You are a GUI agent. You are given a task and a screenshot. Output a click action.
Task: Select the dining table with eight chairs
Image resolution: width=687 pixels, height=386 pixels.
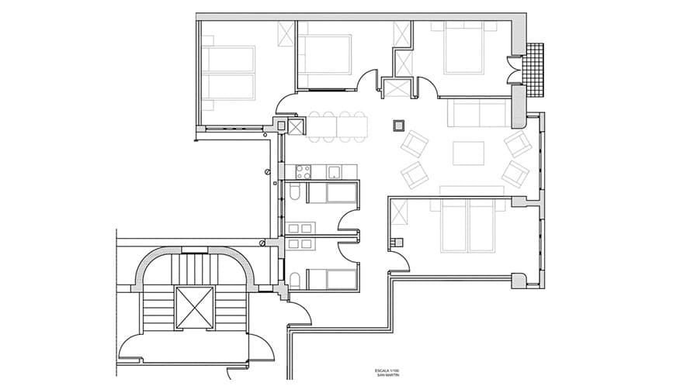coord(338,126)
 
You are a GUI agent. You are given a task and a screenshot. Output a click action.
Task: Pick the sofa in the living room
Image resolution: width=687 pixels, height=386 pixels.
coord(478,113)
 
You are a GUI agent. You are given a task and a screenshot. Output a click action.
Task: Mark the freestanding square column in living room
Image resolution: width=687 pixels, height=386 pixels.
coord(399,126)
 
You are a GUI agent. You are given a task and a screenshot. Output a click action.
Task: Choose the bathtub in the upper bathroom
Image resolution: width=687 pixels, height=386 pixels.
coord(333,193)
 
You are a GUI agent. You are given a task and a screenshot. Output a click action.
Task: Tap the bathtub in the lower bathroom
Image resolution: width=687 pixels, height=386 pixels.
coord(333,277)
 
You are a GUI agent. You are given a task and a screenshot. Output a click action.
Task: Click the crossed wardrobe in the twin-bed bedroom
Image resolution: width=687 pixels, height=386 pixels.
coord(286,33)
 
